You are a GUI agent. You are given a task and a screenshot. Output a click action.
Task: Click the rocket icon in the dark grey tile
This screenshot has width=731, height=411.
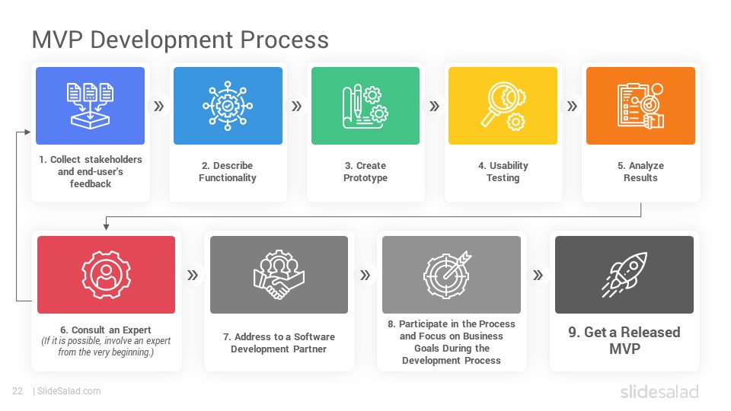pyautogui.click(x=624, y=275)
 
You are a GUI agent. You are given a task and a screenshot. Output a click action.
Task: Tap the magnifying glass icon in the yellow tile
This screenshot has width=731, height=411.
pyautogui.click(x=503, y=106)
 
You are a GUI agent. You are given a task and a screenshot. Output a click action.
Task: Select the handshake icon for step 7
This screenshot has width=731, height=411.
pyautogui.click(x=279, y=275)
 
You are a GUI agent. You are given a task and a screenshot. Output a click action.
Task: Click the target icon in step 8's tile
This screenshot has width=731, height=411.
pyautogui.click(x=448, y=275)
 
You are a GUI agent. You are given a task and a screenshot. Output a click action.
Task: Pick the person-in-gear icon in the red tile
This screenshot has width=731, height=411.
pyautogui.click(x=107, y=275)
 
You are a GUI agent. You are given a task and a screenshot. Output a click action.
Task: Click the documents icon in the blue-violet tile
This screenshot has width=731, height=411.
pyautogui.click(x=90, y=105)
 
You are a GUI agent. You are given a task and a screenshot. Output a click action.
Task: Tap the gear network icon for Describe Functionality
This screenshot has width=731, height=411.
pyautogui.click(x=228, y=106)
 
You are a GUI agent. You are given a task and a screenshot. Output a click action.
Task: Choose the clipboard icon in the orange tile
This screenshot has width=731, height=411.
pyautogui.click(x=640, y=106)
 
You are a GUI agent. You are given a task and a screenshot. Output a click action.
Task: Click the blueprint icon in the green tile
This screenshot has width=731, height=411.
pyautogui.click(x=365, y=107)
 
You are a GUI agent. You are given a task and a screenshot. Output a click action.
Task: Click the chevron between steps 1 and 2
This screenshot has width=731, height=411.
pyautogui.click(x=159, y=107)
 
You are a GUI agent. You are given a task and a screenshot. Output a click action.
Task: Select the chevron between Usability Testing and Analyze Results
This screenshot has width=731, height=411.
pyautogui.click(x=572, y=107)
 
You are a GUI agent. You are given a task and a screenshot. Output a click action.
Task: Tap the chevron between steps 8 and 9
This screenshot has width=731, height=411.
pyautogui.click(x=538, y=276)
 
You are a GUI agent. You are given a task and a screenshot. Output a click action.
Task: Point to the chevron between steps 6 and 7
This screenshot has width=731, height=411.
pyautogui.click(x=193, y=276)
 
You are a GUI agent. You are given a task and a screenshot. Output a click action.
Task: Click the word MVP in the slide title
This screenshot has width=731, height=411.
pyautogui.click(x=57, y=40)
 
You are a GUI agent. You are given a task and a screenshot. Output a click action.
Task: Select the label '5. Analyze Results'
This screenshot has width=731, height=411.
pyautogui.click(x=640, y=171)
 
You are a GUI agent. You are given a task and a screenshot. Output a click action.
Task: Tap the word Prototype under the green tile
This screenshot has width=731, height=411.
pyautogui.click(x=365, y=178)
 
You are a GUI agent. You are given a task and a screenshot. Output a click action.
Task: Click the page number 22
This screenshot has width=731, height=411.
pyautogui.click(x=18, y=391)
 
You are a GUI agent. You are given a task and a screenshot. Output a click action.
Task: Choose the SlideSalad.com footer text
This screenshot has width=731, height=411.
pyautogui.click(x=69, y=391)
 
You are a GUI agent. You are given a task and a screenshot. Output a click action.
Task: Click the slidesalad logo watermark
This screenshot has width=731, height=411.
pyautogui.click(x=659, y=391)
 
